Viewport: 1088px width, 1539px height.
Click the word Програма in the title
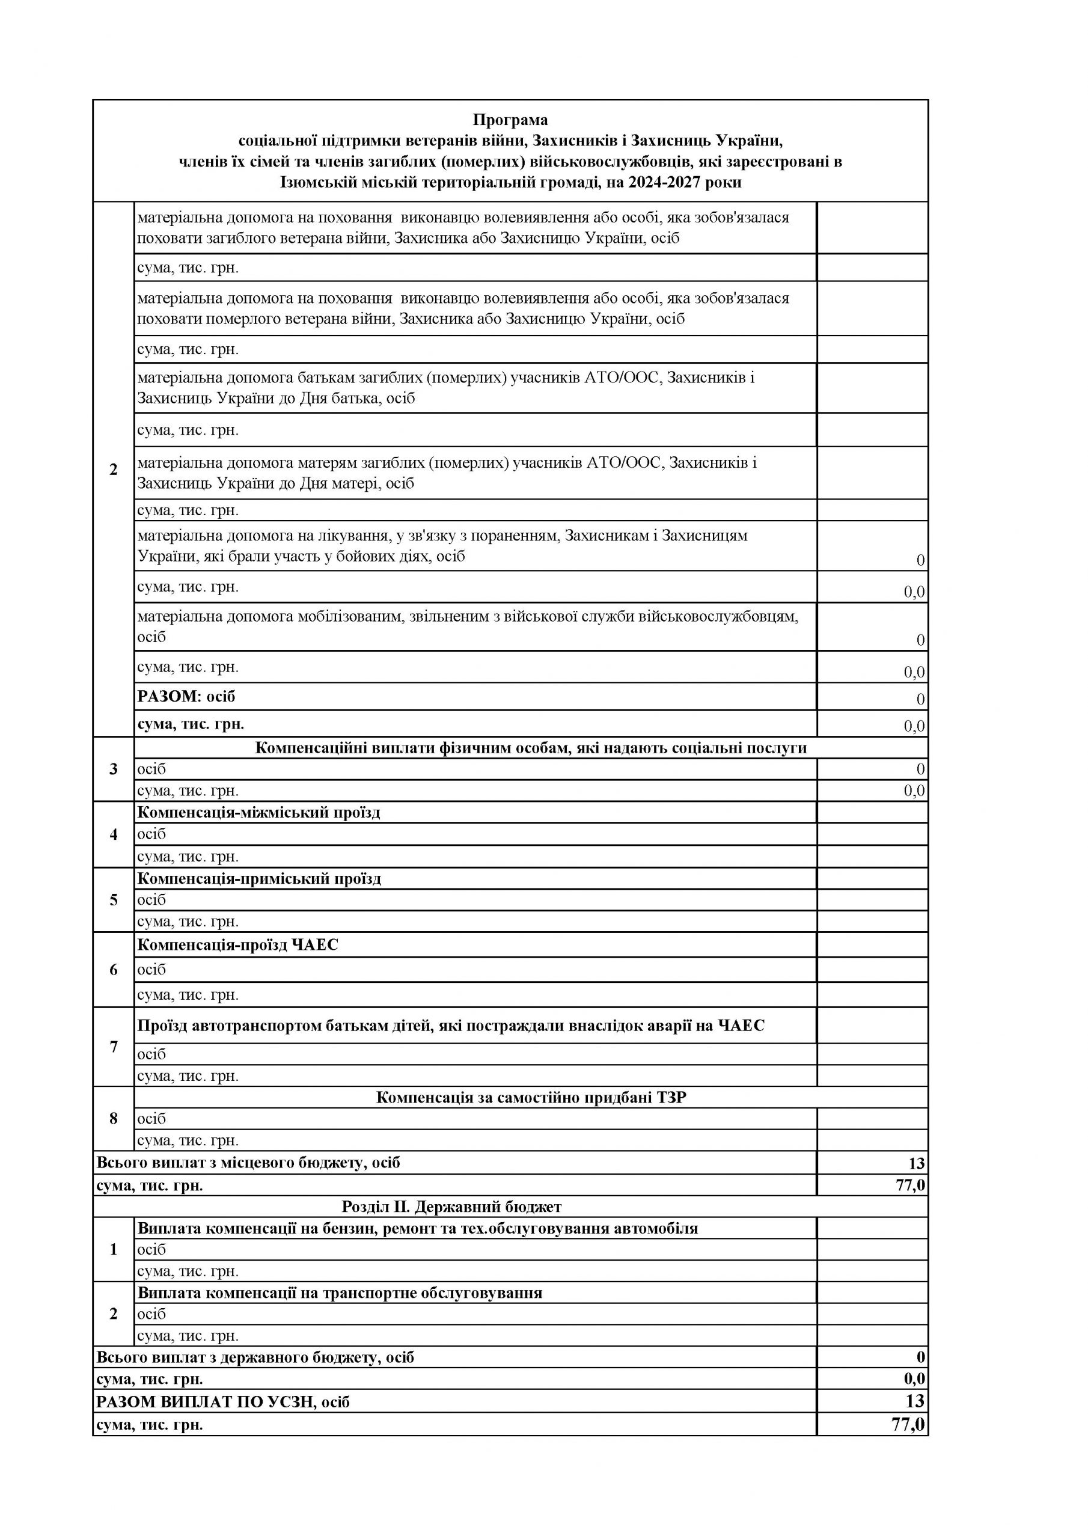[510, 120]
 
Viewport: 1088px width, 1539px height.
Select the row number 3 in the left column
[113, 769]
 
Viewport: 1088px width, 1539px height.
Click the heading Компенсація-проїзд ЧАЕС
[238, 944]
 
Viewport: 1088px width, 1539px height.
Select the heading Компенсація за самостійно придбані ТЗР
[531, 1097]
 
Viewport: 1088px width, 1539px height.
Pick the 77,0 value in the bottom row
[908, 1424]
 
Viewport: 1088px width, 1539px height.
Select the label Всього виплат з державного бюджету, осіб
[255, 1357]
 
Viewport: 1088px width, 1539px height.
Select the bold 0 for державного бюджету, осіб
[920, 1357]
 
